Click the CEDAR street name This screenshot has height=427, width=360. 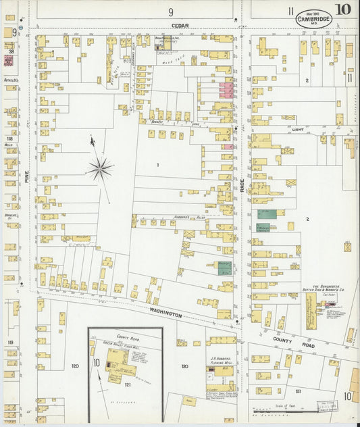(180, 25)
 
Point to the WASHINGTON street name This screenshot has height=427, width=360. (165, 313)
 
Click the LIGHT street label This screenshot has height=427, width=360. (298, 129)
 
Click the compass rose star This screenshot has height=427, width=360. (100, 168)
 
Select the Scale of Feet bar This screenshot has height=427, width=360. (284, 409)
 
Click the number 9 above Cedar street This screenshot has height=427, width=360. (171, 11)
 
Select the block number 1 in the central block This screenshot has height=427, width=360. (157, 164)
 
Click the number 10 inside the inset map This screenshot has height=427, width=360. (97, 363)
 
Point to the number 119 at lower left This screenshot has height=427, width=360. (10, 343)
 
